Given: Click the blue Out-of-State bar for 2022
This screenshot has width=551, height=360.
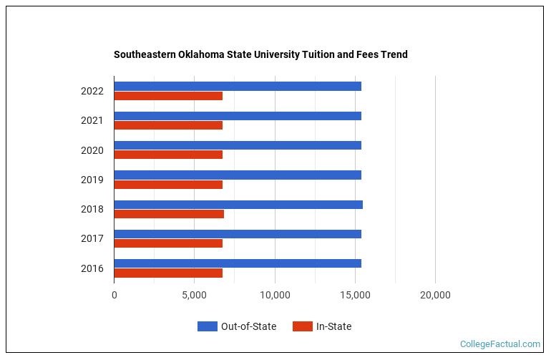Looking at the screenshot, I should [238, 87].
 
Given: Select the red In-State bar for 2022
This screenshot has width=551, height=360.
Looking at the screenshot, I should [168, 96].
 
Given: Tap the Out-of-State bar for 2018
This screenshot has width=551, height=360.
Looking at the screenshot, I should [238, 205].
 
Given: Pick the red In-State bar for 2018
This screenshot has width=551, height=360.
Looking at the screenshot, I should [169, 214].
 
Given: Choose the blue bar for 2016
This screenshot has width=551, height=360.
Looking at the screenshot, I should [238, 263].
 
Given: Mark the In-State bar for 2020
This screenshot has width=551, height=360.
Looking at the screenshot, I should [168, 155].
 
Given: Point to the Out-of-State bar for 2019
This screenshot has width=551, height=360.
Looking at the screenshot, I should [238, 175].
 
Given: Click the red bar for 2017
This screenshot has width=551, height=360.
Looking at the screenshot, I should [168, 243].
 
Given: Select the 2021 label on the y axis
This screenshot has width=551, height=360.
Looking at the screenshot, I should [92, 120].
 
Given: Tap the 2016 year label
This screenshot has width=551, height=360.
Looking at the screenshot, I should [92, 268].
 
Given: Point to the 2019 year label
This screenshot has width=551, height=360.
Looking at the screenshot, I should [92, 180].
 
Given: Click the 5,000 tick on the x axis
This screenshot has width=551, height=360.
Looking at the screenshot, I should [194, 295].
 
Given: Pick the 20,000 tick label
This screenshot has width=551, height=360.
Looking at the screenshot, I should [435, 295].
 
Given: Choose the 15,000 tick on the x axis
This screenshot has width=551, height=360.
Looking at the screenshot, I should [355, 295].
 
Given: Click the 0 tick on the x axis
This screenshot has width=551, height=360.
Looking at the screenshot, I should [114, 295].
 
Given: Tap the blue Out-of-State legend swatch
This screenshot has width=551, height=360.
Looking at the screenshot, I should [207, 326].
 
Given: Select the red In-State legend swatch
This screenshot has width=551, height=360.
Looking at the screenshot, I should [302, 326].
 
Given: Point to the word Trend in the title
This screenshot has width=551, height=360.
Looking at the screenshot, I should [393, 54].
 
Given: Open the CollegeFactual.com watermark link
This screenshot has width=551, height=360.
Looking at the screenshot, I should [499, 344].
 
